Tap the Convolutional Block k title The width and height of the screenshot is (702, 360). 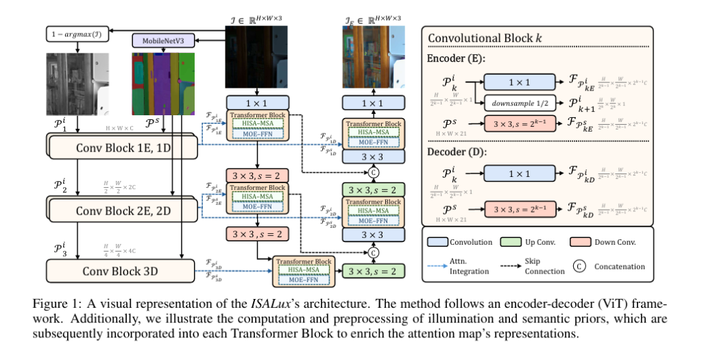[x=481, y=38]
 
